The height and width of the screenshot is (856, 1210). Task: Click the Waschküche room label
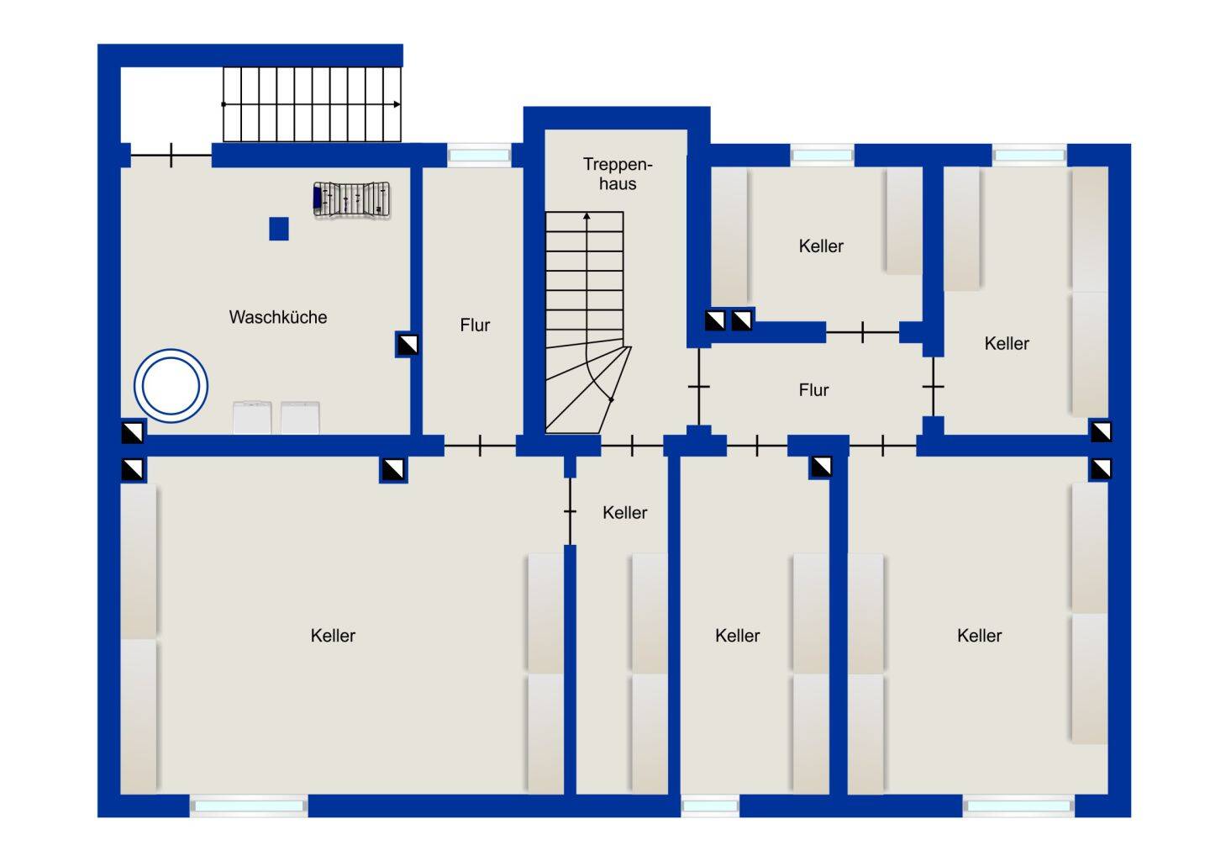pos(277,317)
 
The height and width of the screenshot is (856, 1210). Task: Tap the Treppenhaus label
pos(618,173)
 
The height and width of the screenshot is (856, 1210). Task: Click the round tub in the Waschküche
pos(171,386)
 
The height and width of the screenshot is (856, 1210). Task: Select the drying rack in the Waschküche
pos(351,200)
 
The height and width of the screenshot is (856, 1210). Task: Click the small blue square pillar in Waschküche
pos(279,229)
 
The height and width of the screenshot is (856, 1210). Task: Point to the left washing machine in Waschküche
pos(252,417)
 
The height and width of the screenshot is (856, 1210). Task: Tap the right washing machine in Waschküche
pos(300,417)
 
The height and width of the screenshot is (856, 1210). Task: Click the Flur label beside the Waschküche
pos(475,325)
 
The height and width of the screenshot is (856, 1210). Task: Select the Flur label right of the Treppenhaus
pos(813,389)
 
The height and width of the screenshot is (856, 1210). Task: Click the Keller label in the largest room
pos(333,635)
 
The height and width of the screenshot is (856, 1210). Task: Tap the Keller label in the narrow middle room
pos(624,512)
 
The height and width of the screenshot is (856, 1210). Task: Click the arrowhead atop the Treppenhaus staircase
pos(587,216)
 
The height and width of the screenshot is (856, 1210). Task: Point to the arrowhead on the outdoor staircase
pos(397,104)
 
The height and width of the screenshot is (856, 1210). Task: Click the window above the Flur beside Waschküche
pos(479,156)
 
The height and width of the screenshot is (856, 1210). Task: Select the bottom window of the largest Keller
pos(249,806)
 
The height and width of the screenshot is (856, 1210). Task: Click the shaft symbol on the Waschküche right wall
pos(408,345)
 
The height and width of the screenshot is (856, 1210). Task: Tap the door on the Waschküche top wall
pos(171,155)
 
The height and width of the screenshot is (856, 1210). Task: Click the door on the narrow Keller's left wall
pos(570,511)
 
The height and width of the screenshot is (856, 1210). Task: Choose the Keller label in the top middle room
pos(820,246)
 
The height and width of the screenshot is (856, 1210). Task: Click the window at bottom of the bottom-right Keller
pos(1018,806)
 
